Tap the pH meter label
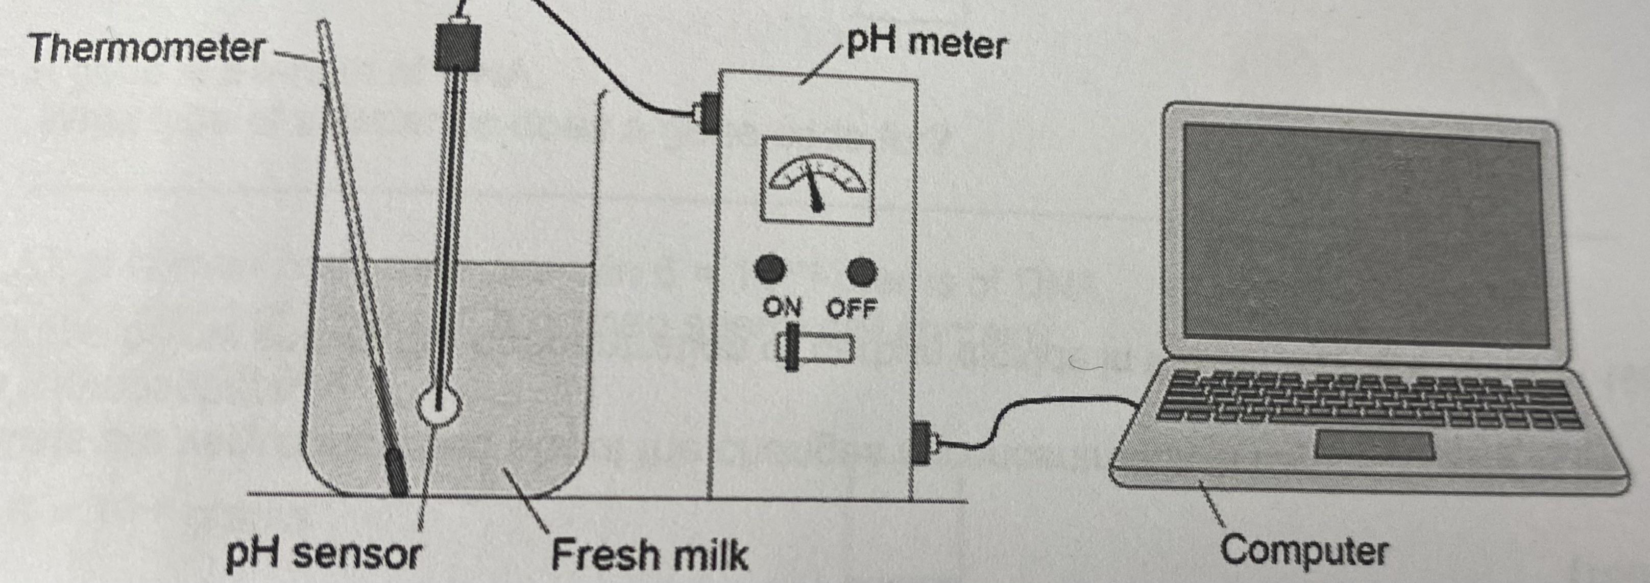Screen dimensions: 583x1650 [925, 43]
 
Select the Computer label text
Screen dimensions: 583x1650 [1303, 550]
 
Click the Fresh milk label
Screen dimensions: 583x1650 [649, 554]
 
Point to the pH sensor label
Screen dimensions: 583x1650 [324, 554]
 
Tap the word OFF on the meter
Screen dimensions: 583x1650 [851, 309]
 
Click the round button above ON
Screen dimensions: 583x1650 [769, 269]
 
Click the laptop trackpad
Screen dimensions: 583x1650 [1374, 445]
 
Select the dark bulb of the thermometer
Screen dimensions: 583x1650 [395, 471]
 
